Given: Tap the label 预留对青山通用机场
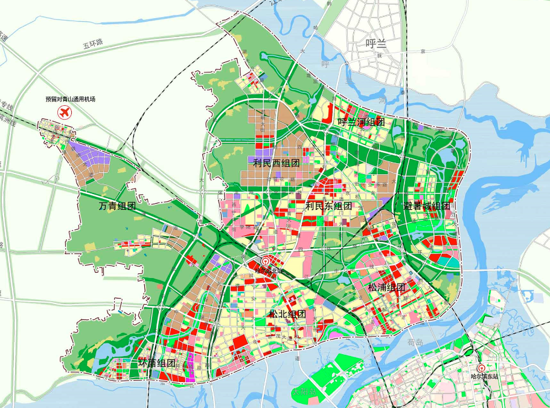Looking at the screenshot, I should (71, 99).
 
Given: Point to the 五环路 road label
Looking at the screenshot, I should (94, 44).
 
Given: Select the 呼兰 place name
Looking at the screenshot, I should (376, 43).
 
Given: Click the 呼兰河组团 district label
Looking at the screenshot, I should (361, 122).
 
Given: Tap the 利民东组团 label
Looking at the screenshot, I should (328, 206).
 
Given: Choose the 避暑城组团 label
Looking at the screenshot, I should (426, 206).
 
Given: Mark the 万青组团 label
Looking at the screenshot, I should (117, 207).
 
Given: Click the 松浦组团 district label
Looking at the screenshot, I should (386, 287).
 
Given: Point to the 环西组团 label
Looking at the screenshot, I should (157, 363).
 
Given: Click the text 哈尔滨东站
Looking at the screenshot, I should (485, 377).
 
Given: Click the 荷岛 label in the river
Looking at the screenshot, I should (412, 342).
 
